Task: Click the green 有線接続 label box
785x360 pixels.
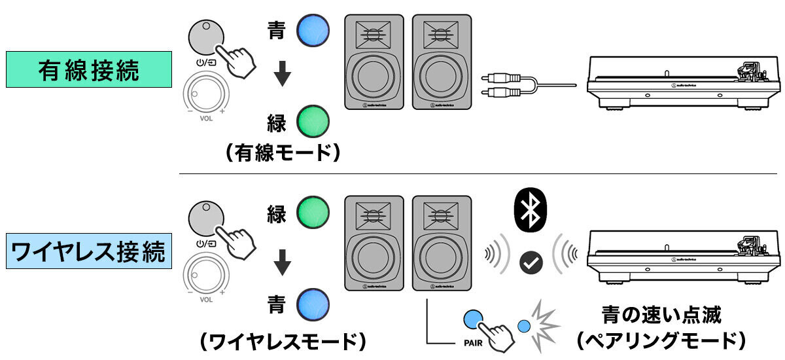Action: coord(88,70)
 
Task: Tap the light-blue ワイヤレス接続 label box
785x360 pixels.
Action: coord(88,251)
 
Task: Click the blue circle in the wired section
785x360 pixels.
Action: coord(313,31)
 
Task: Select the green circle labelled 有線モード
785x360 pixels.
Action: coord(313,121)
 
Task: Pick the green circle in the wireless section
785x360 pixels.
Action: coord(313,213)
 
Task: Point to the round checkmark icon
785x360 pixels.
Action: coord(527,262)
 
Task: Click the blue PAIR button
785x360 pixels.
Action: coord(472,319)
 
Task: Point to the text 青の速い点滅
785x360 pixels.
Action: coord(661,315)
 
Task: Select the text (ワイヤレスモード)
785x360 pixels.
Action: coord(282,342)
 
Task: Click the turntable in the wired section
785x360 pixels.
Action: coord(682,82)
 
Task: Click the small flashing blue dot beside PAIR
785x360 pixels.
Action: coord(523,325)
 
